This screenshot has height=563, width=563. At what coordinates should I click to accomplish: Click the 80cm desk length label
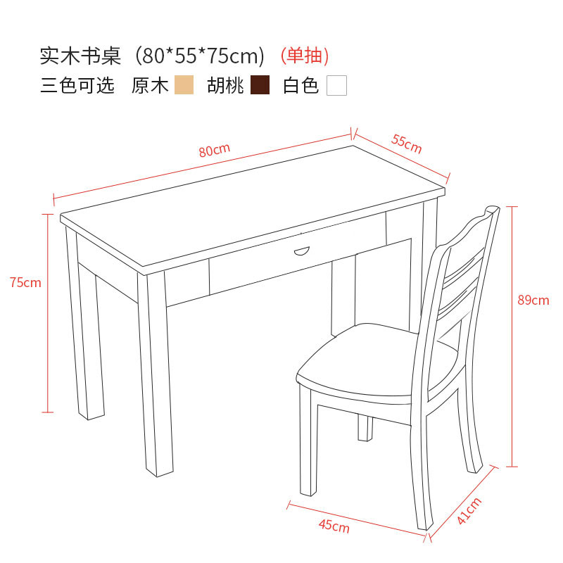(215, 150)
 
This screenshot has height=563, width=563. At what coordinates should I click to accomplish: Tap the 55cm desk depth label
(407, 144)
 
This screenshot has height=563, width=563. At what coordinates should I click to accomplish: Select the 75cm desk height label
(25, 283)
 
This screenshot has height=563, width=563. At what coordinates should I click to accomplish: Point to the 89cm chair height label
(533, 300)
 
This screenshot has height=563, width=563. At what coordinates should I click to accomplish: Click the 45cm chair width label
(334, 526)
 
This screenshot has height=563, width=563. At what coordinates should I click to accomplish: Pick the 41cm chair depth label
(469, 511)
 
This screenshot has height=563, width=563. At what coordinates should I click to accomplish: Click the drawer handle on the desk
(302, 251)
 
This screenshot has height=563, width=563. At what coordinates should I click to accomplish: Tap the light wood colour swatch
(184, 85)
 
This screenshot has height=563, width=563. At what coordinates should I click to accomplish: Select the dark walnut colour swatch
(260, 85)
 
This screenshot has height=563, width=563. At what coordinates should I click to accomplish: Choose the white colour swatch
(337, 85)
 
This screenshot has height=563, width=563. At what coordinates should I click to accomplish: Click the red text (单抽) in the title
(305, 56)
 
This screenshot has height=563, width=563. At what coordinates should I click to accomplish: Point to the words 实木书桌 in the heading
(80, 56)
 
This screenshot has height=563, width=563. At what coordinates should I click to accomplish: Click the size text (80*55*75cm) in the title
(200, 56)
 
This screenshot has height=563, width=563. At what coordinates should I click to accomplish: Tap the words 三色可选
(77, 85)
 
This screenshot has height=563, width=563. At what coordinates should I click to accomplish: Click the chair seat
(377, 362)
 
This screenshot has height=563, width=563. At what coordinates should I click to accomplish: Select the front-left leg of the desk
(156, 374)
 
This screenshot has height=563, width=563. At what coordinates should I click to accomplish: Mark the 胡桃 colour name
(225, 85)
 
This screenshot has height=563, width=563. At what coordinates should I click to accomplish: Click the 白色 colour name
(301, 85)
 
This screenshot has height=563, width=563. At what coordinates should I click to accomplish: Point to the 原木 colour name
(150, 85)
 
